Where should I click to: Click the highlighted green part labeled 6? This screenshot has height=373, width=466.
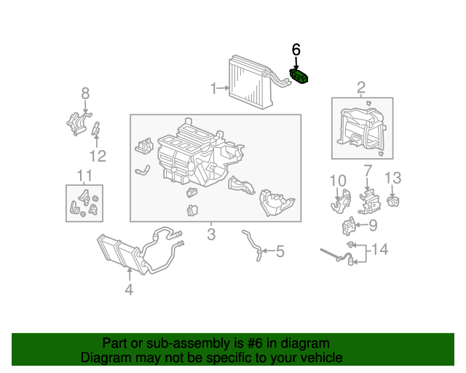click(x=299, y=76)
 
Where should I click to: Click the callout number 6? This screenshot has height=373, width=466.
click(x=296, y=50)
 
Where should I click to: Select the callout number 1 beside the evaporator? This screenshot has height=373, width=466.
click(x=213, y=88)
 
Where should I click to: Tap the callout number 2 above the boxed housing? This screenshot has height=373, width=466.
click(x=361, y=87)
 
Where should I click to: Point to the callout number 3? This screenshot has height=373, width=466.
click(x=211, y=234)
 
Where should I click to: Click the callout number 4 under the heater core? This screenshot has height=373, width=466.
click(x=129, y=289)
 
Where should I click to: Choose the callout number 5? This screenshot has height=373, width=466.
click(x=280, y=251)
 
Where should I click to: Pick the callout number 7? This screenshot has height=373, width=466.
click(x=368, y=170)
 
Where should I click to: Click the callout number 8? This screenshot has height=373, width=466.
click(x=85, y=93)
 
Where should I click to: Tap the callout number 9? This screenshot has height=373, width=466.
click(x=373, y=225)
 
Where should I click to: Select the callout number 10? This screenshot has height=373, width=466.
click(x=338, y=181)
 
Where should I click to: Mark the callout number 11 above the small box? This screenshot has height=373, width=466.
click(x=84, y=176)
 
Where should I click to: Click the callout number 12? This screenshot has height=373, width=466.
click(x=98, y=156)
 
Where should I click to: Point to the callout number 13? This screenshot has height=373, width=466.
click(x=393, y=178)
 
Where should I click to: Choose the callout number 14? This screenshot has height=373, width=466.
click(x=379, y=249)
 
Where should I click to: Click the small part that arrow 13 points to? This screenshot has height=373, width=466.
click(x=393, y=201)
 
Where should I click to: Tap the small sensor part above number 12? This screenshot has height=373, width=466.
click(x=95, y=128)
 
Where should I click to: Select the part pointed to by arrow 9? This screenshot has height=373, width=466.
click(x=349, y=226)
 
